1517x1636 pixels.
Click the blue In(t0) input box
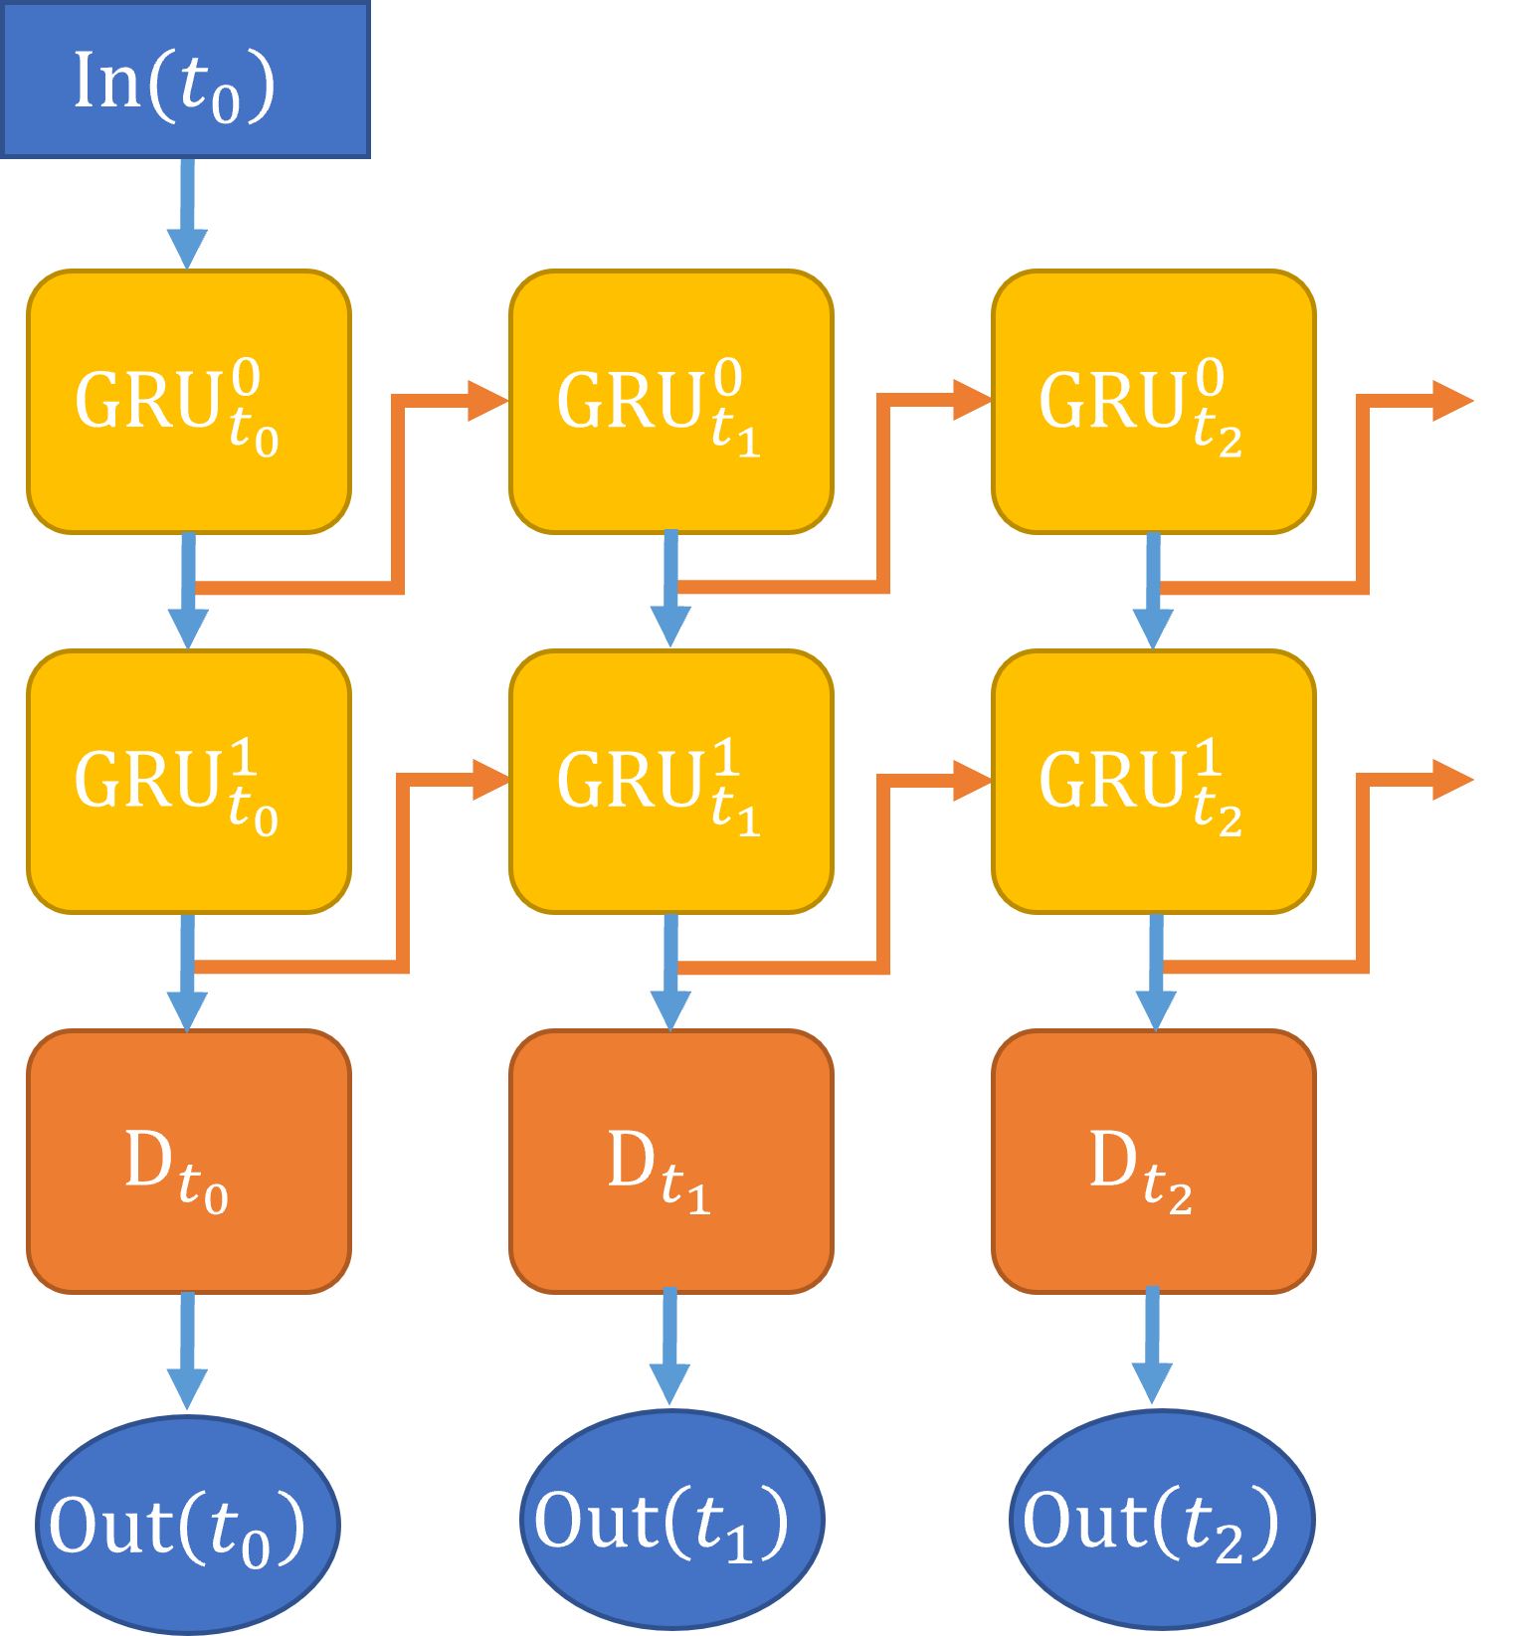(x=186, y=80)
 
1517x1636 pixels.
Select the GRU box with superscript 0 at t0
(x=189, y=402)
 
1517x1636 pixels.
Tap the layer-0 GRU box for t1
(x=671, y=402)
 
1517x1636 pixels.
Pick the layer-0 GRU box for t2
(x=1154, y=402)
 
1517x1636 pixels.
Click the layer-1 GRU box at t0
(x=189, y=782)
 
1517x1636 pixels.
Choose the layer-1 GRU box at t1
(x=671, y=782)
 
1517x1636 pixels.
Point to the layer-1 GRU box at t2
(x=1154, y=782)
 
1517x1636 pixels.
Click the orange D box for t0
(x=189, y=1162)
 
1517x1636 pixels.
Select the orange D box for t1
(x=671, y=1162)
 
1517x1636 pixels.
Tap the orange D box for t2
(x=1154, y=1162)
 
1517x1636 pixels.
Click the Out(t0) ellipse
(x=187, y=1524)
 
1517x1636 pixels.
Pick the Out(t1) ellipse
(x=671, y=1520)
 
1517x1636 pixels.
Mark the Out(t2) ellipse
(x=1161, y=1520)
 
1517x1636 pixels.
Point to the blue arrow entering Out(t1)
(x=669, y=1348)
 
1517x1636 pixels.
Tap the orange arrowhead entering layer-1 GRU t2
(x=970, y=781)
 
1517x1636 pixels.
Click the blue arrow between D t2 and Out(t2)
(x=1152, y=1348)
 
